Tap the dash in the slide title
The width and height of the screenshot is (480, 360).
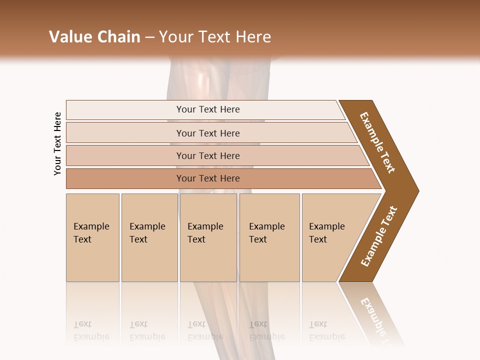tap(149, 37)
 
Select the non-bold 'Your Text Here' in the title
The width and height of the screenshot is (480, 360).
tap(215, 37)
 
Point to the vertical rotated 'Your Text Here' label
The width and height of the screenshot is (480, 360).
tap(57, 143)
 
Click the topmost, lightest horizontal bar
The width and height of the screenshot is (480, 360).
tap(208, 109)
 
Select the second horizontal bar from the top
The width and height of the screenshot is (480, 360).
tap(208, 133)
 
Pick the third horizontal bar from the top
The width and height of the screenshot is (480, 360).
tap(208, 155)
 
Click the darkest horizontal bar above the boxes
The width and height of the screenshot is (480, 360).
tap(208, 178)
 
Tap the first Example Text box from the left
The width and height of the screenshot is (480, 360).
tap(92, 237)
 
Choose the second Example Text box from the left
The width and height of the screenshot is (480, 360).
tap(149, 237)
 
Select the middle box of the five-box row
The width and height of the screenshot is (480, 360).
tap(208, 237)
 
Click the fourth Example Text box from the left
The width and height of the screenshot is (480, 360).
tap(269, 237)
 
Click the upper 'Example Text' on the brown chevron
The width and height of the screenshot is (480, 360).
tap(377, 142)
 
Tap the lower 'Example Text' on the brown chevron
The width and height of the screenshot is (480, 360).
tap(379, 236)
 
